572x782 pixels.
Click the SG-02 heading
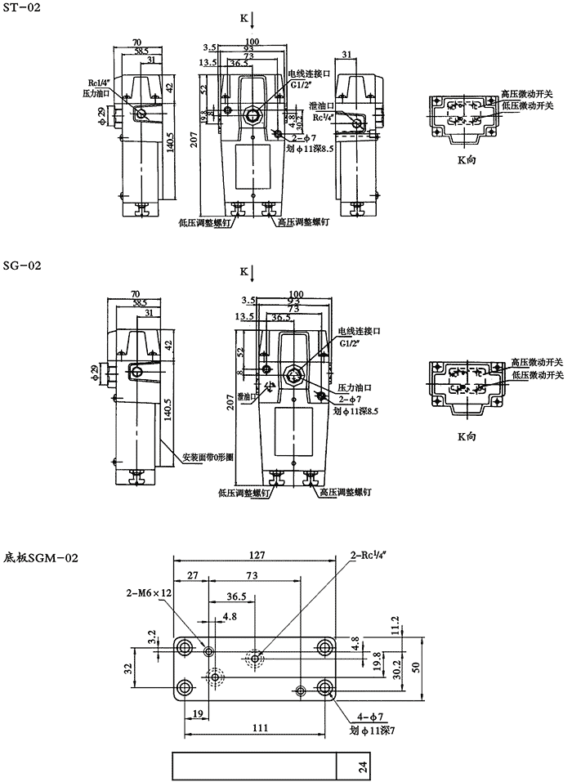[x=20, y=266]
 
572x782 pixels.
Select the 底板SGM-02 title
[x=41, y=558]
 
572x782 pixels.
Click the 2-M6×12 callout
[x=149, y=592]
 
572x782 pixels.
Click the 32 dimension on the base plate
[x=128, y=668]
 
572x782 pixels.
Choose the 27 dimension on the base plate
[x=192, y=576]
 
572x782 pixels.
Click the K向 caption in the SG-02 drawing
[x=466, y=414]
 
